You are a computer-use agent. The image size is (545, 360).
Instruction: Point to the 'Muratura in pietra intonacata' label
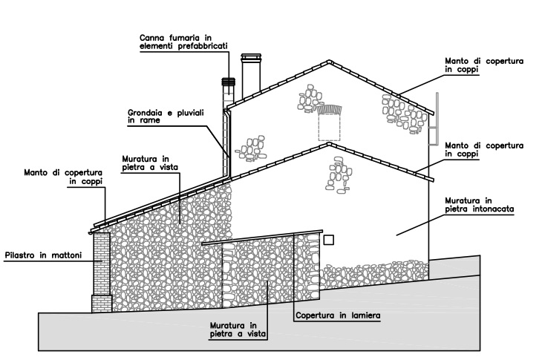click(480, 205)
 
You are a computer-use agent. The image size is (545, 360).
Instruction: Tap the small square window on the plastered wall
click(330, 240)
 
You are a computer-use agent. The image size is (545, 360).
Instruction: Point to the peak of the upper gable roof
click(328, 59)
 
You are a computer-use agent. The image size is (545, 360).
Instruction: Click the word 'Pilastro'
click(21, 256)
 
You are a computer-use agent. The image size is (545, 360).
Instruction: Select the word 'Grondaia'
click(146, 112)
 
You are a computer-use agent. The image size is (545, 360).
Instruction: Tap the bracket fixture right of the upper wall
click(434, 119)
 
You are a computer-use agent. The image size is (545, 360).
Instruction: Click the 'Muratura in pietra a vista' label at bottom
click(233, 329)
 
